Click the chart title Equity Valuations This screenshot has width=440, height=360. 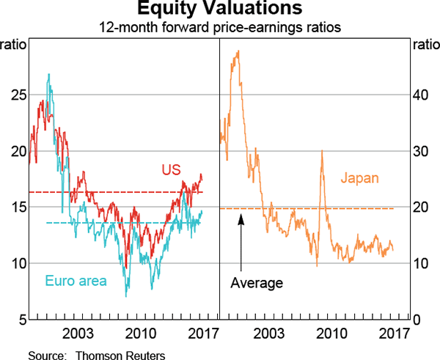219,10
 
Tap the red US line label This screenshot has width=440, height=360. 171,170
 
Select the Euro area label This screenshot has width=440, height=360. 76,280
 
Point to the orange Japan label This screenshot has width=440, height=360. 361,177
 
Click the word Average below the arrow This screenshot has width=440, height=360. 256,282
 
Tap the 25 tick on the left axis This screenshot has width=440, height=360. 19,95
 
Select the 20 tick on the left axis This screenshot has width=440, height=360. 19,151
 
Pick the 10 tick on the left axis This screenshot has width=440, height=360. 19,263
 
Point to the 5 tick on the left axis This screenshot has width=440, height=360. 22,320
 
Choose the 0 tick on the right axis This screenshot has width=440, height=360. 417,320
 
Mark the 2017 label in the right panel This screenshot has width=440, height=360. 394,334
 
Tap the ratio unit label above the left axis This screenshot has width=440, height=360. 15,45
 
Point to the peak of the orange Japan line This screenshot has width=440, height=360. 237,51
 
